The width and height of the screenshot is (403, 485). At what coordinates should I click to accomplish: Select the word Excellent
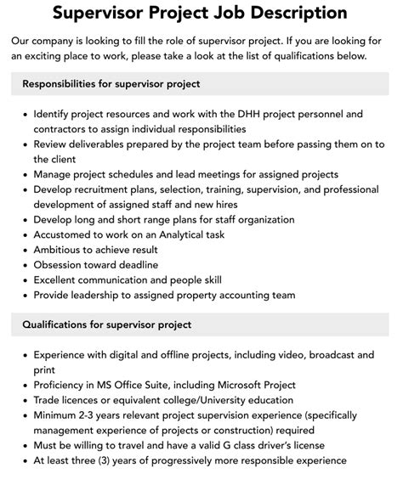coord(61,280)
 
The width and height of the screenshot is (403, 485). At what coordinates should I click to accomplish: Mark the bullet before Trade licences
coord(22,399)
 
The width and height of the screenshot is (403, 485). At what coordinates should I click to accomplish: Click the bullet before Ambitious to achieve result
coord(22,251)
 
